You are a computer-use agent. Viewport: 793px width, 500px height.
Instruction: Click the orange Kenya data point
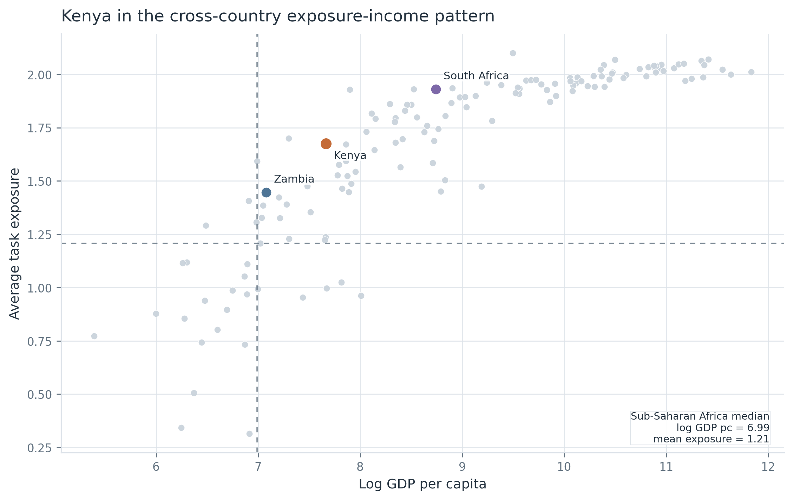tap(326, 144)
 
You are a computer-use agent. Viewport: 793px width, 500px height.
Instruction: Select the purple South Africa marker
tap(436, 89)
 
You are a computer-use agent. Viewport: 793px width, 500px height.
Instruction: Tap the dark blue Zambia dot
tap(266, 192)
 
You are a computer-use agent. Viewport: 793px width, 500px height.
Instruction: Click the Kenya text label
tap(350, 156)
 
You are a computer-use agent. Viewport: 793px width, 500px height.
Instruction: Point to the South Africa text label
tap(476, 76)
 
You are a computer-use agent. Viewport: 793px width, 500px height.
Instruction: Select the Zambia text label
tap(294, 179)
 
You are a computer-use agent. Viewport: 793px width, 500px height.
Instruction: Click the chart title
tap(278, 16)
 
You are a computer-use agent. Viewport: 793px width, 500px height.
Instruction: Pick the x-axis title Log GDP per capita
tap(422, 484)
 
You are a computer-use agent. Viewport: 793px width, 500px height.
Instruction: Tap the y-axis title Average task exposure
tap(14, 244)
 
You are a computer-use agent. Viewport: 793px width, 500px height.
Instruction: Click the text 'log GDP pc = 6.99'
tap(723, 428)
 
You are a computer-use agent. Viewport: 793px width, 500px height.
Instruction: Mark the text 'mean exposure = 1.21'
tap(711, 439)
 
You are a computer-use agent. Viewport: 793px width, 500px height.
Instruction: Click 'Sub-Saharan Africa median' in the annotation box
tap(700, 416)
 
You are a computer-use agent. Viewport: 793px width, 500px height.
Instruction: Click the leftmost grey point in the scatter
tap(94, 336)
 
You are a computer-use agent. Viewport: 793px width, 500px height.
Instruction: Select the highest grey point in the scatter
tap(513, 53)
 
